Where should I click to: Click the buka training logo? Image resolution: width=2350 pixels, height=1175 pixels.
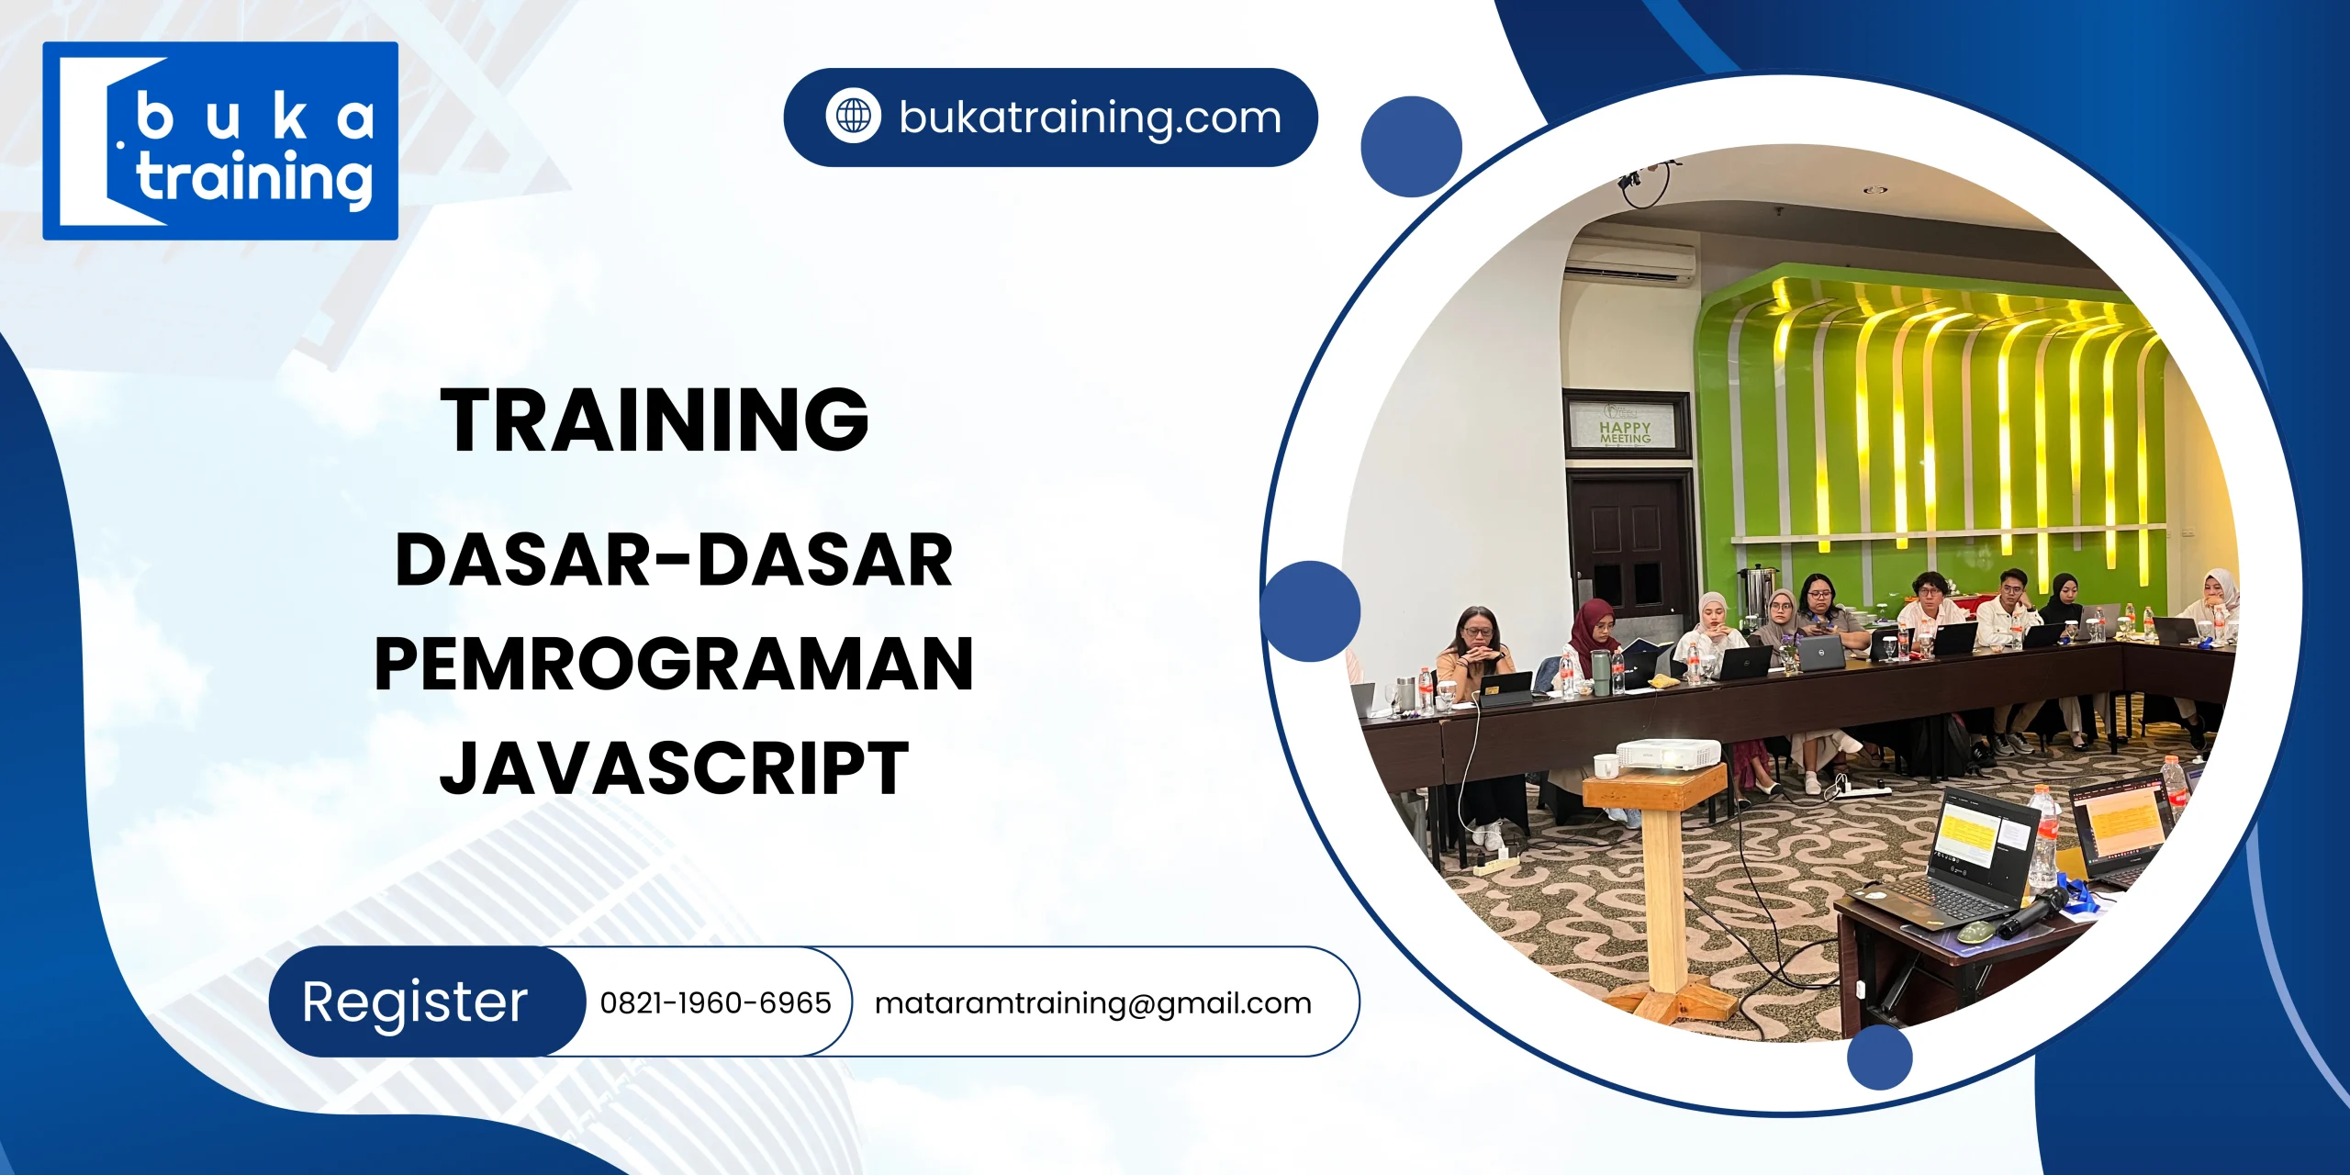[x=220, y=140]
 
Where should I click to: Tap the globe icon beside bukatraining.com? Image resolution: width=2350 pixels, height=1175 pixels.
[x=853, y=117]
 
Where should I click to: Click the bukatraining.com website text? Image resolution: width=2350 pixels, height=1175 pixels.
[x=1090, y=117]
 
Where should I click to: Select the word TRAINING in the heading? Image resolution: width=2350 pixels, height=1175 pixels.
[x=654, y=420]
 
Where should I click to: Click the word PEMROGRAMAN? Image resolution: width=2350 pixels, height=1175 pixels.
[x=673, y=664]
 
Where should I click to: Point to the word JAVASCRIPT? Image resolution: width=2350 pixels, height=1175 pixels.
[x=674, y=768]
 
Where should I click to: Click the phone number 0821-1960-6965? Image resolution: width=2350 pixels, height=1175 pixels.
[x=715, y=1002]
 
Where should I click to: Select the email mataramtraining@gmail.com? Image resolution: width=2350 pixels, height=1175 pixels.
[x=1092, y=1002]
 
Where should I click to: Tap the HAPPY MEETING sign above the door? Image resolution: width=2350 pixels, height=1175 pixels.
[x=1625, y=427]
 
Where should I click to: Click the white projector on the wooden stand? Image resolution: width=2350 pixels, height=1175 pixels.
[x=1668, y=754]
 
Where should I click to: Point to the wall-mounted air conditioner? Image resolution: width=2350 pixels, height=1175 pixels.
[x=1629, y=262]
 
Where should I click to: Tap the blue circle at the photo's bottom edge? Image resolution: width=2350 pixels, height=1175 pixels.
[x=1879, y=1057]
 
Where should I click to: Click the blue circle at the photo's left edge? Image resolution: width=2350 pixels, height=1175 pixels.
[x=1310, y=610]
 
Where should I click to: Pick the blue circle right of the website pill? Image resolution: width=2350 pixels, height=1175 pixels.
[x=1411, y=147]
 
